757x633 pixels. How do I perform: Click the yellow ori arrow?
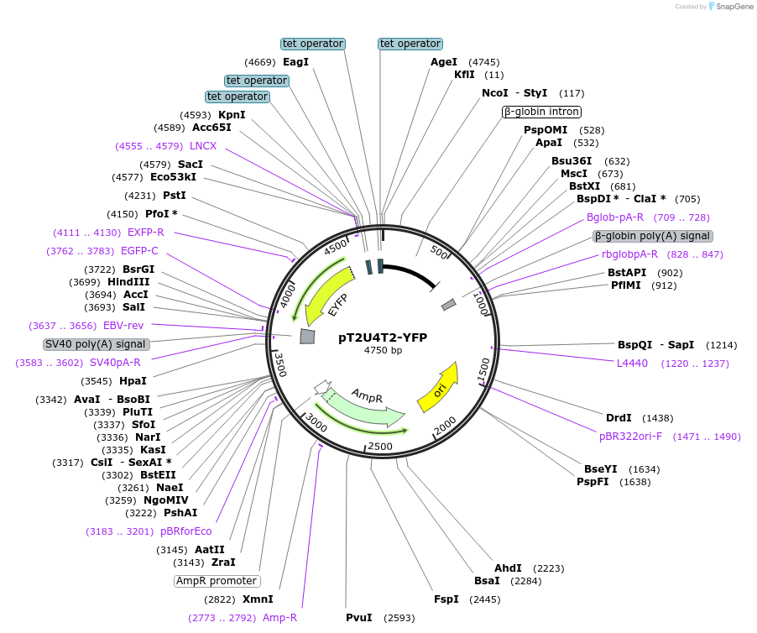pos(438,390)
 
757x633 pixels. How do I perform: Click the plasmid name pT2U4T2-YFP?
pos(383,337)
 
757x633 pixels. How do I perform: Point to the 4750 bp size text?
pos(383,350)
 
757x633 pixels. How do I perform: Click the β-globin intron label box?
pos(541,112)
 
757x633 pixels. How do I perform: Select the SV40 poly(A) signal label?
pos(96,344)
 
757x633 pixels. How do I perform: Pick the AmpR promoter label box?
pos(217,581)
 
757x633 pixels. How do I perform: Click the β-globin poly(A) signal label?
pos(653,236)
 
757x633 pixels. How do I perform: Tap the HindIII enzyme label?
pos(128,282)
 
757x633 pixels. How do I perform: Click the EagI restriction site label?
pos(295,62)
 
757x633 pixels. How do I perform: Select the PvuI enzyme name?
pos(359,618)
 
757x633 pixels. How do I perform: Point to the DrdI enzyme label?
pos(619,417)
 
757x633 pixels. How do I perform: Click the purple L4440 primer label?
pos(633,364)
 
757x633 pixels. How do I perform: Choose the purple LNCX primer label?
pos(203,146)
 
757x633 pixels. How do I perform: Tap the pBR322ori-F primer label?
pos(630,437)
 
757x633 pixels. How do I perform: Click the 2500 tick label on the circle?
pos(380,446)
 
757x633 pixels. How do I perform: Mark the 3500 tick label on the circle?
pos(280,364)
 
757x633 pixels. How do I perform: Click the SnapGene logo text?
pos(734,6)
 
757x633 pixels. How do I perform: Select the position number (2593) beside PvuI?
pos(399,618)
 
